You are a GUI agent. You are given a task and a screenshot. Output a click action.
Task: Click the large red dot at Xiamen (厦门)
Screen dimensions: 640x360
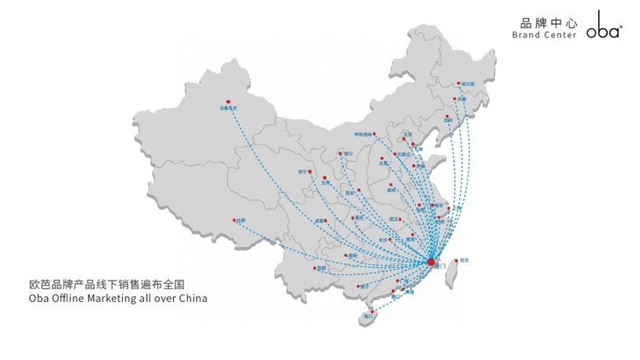(432, 262)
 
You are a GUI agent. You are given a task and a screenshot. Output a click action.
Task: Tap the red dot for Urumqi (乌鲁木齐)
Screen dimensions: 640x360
(228, 102)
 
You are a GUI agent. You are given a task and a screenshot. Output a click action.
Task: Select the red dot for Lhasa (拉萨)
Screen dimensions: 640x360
(234, 220)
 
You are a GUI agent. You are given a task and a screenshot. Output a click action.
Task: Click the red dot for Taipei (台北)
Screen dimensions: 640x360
(455, 259)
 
